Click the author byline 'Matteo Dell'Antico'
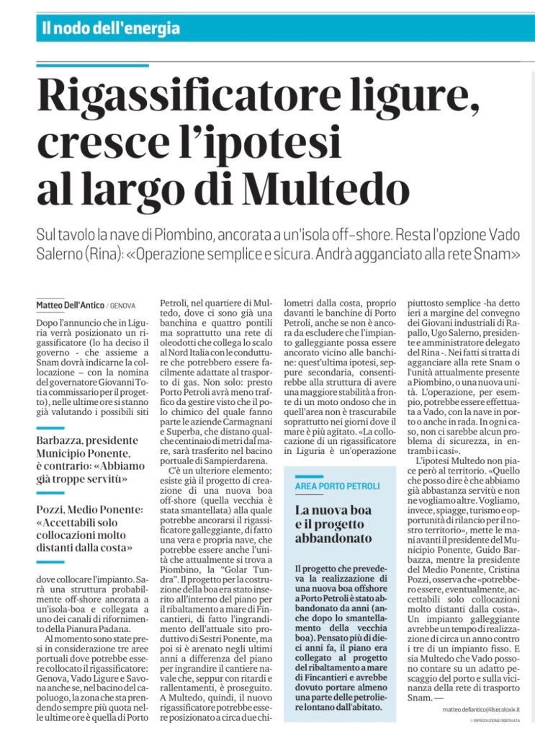69,306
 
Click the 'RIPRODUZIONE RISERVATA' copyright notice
497,721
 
